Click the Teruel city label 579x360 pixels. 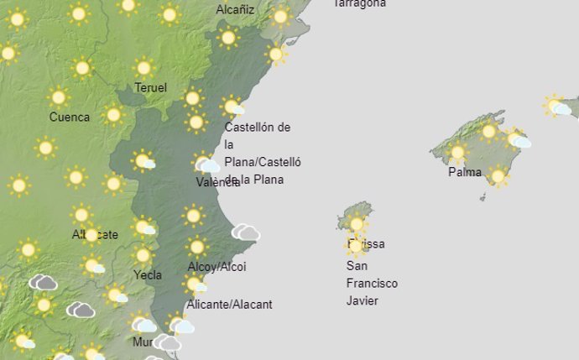point(150,88)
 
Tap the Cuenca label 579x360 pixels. point(70,117)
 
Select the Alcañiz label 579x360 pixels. point(236,10)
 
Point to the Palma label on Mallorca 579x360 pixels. point(465,173)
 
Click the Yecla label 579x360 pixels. point(148,274)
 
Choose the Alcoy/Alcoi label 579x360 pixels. point(216,267)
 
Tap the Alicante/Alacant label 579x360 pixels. point(229,305)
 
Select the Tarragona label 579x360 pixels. point(360,3)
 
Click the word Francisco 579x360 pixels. point(372,284)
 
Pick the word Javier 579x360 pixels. point(363,300)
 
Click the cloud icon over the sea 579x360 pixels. point(246,232)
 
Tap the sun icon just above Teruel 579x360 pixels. point(143,67)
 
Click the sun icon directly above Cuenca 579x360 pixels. point(58,97)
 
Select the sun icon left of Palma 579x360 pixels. point(457,153)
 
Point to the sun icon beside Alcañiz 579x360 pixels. point(280,16)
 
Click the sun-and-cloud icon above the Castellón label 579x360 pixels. point(232,107)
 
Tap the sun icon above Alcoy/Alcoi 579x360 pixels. point(197,247)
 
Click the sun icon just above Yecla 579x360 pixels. point(143,255)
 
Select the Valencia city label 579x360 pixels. point(217,182)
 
